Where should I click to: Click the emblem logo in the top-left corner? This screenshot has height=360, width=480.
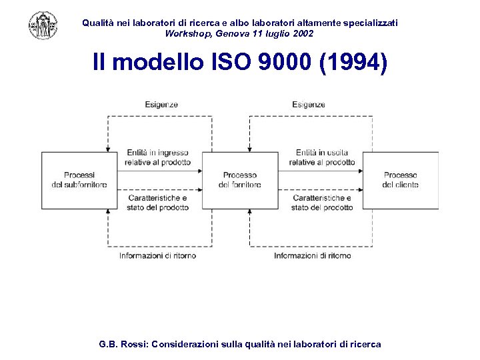tap(43, 25)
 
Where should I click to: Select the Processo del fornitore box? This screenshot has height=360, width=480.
tap(240, 180)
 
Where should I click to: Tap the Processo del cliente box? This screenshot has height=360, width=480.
tap(400, 180)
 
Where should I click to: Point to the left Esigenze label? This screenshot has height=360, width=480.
tap(161, 105)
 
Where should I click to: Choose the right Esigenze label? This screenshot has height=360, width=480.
tap(309, 105)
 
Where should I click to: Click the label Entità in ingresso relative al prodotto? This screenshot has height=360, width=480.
tap(157, 157)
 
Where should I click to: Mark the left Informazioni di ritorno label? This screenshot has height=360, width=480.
tap(157, 255)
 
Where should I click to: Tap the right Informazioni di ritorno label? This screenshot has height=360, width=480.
tap(312, 255)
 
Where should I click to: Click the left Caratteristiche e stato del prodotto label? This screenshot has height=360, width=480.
tap(157, 203)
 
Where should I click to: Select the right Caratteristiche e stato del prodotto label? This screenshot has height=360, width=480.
tap(322, 203)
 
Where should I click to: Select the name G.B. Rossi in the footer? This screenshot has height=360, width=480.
tap(123, 345)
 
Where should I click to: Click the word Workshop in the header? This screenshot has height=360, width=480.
tap(189, 33)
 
